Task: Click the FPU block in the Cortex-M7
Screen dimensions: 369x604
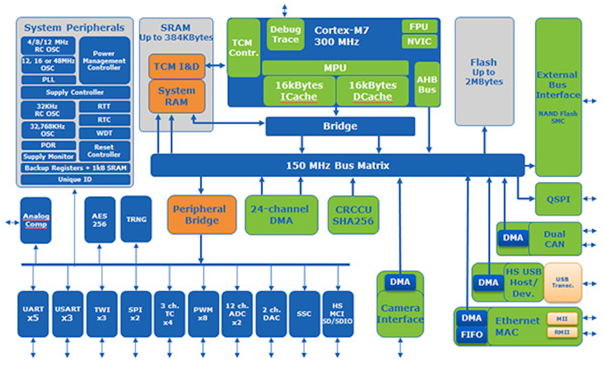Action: [419, 27]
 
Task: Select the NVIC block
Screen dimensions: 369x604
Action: [419, 42]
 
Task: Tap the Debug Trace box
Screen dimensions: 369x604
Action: [285, 34]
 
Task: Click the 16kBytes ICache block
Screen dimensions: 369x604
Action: [299, 91]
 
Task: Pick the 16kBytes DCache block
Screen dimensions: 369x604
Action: [372, 91]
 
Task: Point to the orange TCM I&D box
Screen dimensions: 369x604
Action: [176, 66]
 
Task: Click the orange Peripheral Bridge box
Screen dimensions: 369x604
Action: [201, 215]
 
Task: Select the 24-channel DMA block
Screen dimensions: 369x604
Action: [281, 215]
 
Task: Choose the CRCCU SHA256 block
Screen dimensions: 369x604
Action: [353, 215]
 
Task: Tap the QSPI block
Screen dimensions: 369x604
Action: [558, 199]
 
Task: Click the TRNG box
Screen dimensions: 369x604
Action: [136, 219]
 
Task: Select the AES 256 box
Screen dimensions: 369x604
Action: [99, 220]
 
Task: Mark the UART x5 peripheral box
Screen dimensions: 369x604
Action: [33, 314]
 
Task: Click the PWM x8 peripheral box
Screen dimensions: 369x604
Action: [203, 314]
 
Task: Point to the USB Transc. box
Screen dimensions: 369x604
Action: [562, 282]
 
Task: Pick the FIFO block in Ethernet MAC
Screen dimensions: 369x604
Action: [471, 335]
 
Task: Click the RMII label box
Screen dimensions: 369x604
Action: [562, 332]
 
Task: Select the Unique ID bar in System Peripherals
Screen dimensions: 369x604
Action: [75, 180]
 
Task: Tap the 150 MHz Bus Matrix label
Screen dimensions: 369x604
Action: [337, 165]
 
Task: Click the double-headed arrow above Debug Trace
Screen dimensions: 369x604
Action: [285, 10]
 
